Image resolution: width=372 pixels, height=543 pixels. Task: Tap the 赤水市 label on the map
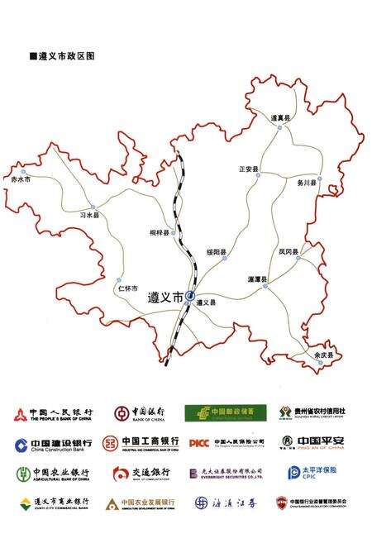click(x=19, y=179)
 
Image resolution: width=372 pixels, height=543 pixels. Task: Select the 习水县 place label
click(x=89, y=215)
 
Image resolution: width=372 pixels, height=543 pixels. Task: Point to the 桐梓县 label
click(x=160, y=234)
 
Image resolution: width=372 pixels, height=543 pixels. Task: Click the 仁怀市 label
click(x=127, y=288)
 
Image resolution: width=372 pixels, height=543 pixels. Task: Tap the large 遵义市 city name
click(x=165, y=297)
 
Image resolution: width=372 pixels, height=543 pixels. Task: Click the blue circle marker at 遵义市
click(x=191, y=295)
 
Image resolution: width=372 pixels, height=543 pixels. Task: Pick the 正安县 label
click(x=249, y=169)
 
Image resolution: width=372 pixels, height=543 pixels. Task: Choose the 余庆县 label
click(x=325, y=355)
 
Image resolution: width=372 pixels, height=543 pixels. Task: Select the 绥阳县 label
click(x=217, y=251)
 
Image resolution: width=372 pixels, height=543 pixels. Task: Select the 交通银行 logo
click(x=141, y=473)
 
